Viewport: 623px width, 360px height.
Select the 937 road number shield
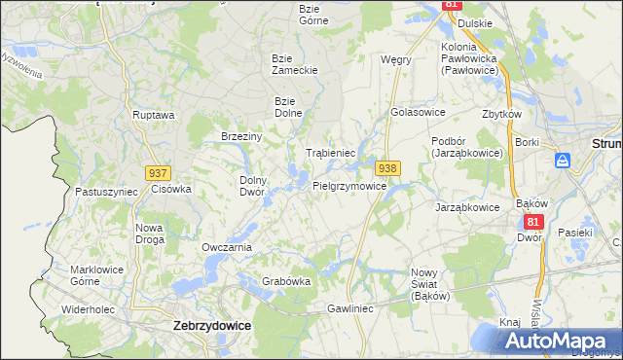click(159, 172)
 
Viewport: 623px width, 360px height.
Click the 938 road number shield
click(387, 168)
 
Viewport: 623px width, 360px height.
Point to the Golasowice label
click(417, 112)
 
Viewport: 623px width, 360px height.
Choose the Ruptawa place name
click(153, 115)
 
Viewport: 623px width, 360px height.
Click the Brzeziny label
click(241, 136)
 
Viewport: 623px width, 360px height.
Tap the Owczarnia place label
click(227, 247)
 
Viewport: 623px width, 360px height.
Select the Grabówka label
click(286, 281)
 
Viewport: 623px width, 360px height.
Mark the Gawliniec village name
click(350, 307)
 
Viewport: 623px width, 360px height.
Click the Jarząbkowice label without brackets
click(467, 207)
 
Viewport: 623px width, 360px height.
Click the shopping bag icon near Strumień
click(562, 162)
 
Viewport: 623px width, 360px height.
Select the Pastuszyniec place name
click(106, 192)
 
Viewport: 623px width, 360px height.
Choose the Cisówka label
click(171, 189)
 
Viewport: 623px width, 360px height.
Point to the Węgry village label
click(396, 59)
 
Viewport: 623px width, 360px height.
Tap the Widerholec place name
click(89, 309)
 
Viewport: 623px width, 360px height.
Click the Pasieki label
click(575, 233)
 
